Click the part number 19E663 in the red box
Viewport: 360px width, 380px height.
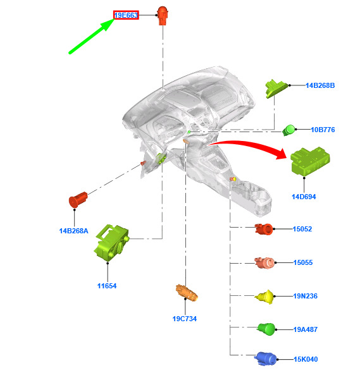(126, 15)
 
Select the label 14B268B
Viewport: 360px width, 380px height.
(320, 85)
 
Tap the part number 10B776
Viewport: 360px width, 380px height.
(323, 130)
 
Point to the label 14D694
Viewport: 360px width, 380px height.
(304, 197)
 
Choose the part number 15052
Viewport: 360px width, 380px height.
(302, 229)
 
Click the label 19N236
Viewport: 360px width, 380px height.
(305, 296)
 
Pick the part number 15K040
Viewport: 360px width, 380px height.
(306, 359)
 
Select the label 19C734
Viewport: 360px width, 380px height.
(185, 319)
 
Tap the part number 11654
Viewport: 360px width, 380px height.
(107, 286)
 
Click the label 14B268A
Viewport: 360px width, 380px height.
(73, 231)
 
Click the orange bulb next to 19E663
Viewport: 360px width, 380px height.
(163, 16)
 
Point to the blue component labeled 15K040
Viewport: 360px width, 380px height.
(266, 359)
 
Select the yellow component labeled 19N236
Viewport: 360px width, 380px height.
(264, 297)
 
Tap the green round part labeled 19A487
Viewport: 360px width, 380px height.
(266, 329)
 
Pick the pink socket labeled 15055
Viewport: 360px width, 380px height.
(264, 263)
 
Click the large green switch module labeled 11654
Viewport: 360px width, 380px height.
(111, 243)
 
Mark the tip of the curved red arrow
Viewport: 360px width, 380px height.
(287, 155)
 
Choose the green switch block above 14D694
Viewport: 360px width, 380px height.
(310, 161)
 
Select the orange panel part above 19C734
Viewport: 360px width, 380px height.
(187, 292)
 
